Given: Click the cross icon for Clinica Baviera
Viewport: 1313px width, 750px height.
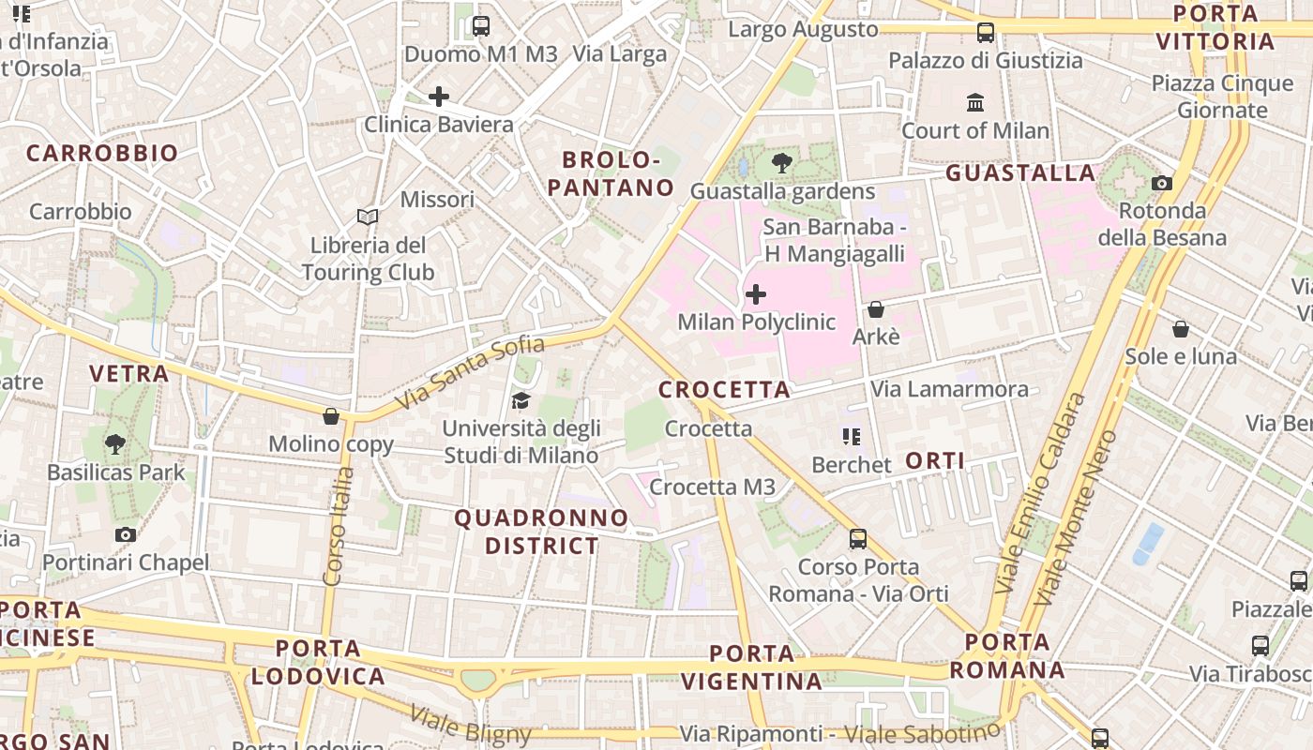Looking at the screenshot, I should [438, 97].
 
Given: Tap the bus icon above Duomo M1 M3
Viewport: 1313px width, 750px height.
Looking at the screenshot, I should [481, 26].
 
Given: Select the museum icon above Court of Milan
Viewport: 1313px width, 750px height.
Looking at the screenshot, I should [975, 102].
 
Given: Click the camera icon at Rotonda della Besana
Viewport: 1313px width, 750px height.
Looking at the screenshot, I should [1162, 183].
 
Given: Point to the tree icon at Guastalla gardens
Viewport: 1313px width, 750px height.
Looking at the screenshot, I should [781, 163].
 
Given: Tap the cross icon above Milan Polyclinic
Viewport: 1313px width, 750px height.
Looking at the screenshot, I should [755, 295].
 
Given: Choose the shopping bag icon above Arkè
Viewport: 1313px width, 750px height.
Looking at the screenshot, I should [876, 308].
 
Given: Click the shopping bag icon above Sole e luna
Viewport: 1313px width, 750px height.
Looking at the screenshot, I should [1181, 329].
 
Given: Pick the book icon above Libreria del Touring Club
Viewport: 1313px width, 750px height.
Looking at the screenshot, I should [368, 217].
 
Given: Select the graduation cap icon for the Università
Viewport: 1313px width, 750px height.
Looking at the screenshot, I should [521, 401].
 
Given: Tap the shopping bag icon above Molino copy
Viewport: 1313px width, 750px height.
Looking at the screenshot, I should [330, 416].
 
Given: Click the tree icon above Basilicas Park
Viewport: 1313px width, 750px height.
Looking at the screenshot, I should [115, 444].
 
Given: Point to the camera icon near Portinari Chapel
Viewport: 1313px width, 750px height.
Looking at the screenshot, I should [126, 534].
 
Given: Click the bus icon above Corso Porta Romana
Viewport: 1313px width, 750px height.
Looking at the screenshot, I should [858, 539].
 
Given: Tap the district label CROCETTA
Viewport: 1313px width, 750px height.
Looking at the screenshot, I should [725, 390].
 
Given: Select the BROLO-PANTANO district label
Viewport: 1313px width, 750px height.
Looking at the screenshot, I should [611, 173].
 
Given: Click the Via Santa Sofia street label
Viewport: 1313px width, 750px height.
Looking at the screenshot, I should [469, 373].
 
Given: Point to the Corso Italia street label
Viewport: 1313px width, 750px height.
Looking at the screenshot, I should [339, 526].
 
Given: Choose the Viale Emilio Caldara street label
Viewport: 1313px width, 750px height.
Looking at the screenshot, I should [1040, 492].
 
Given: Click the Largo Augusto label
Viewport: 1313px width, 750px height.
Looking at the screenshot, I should [803, 30].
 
